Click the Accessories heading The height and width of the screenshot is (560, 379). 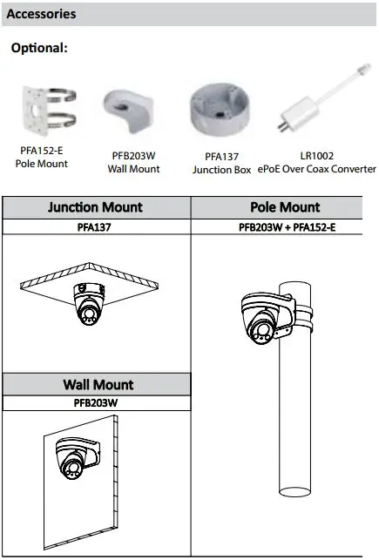coord(41,14)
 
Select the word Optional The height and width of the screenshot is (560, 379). coord(39,48)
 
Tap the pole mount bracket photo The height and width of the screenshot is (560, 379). coord(49,111)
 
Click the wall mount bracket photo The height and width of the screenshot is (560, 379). coord(129,111)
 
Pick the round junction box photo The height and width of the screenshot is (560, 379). coord(219,110)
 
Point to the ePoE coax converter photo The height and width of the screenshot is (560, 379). coord(323,98)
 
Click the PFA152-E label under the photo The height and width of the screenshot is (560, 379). coord(42,151)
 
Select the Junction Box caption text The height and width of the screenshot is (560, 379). coord(222,170)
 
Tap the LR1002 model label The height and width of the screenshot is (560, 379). coord(317,156)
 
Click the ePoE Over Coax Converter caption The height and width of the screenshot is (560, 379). coord(317,169)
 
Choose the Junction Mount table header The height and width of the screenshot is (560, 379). coord(95,207)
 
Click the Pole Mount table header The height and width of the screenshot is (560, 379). coord(285,207)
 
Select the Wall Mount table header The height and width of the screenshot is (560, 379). coord(98,384)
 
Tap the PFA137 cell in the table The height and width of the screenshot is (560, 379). coord(94,227)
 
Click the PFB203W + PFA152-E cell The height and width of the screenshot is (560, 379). coord(288,227)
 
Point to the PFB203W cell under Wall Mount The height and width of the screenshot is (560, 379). coord(95,403)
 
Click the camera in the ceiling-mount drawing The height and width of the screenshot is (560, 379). coord(89,304)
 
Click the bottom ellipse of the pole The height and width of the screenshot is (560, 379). coord(294,492)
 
